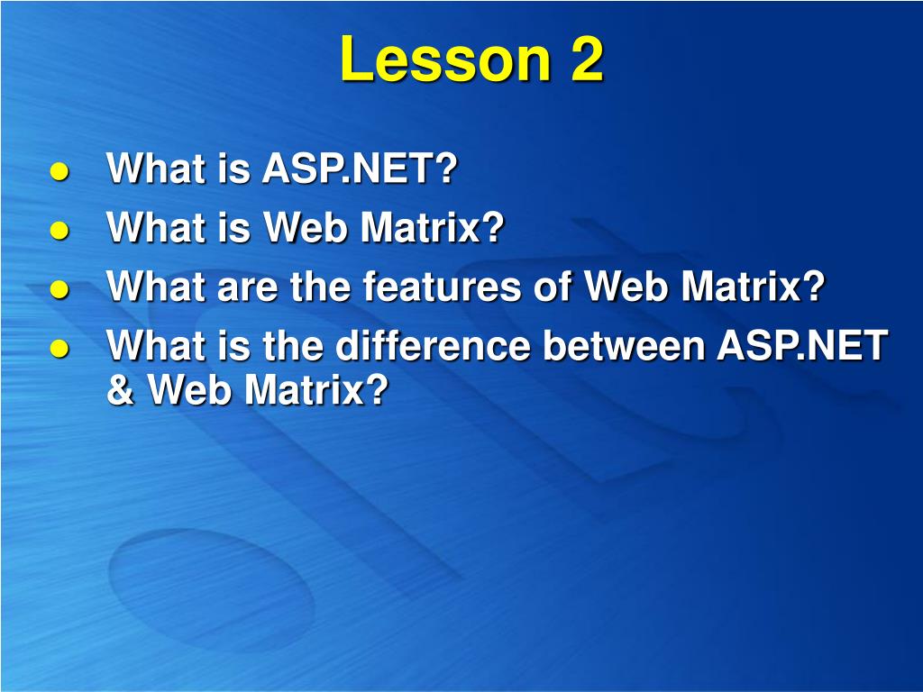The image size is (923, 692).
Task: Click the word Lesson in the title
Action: (445, 59)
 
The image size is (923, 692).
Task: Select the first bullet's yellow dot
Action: (59, 172)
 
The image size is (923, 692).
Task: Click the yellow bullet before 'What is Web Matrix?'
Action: (59, 230)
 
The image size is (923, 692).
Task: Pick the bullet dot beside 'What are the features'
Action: (59, 289)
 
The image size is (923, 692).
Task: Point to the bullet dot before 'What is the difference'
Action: (59, 348)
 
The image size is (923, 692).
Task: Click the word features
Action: (442, 286)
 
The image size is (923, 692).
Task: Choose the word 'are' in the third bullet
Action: (247, 287)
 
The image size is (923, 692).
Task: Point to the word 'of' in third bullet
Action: (553, 286)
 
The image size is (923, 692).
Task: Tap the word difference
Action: (434, 344)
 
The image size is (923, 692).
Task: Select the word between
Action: (624, 344)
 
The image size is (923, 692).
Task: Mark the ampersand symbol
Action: (121, 389)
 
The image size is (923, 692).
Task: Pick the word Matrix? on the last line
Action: (317, 389)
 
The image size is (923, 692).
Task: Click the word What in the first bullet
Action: (156, 168)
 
